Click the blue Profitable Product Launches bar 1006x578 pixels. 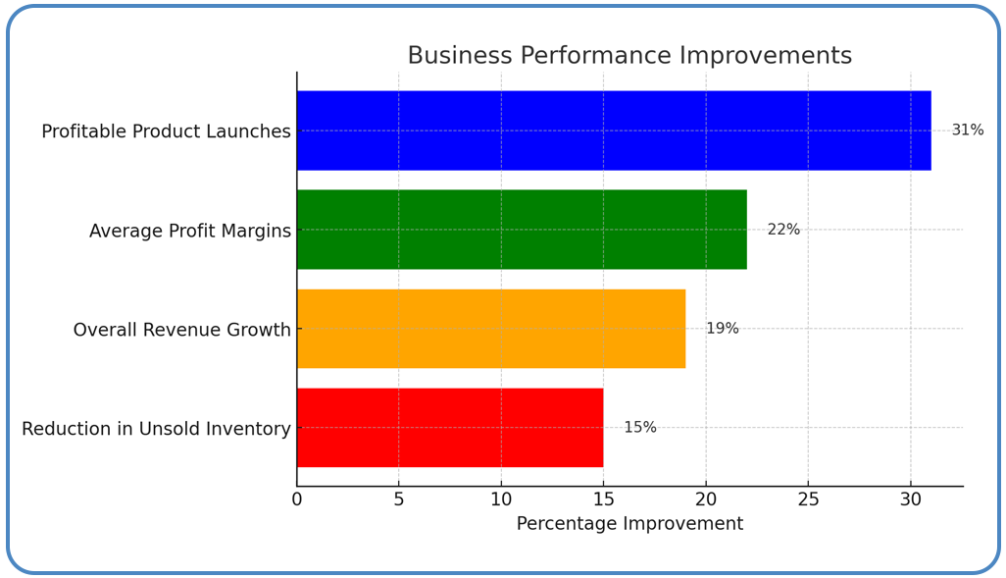(614, 131)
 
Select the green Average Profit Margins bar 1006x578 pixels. (522, 230)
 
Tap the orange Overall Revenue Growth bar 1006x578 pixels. (491, 329)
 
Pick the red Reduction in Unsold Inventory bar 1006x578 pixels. (450, 428)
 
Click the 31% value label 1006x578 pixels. (967, 131)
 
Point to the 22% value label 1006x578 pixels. (783, 230)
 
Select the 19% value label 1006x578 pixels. (723, 329)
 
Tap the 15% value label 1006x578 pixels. (640, 428)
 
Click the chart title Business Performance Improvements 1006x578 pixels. (629, 56)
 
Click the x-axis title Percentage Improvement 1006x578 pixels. (629, 524)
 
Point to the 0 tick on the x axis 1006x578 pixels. (297, 499)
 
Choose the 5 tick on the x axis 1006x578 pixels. (399, 499)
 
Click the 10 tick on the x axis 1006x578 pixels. (501, 499)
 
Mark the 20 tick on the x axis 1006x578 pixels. (706, 499)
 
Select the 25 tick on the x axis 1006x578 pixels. (808, 499)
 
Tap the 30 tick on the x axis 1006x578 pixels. (910, 499)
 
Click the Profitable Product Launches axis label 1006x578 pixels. (166, 131)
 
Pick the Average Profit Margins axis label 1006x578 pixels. (190, 231)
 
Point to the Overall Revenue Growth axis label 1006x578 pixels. (181, 330)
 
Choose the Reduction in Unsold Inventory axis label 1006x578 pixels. (156, 429)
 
